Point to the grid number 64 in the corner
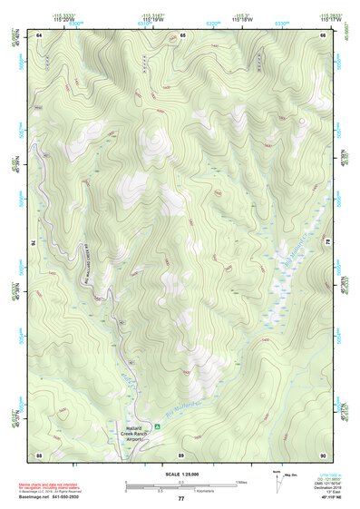pos(40,34)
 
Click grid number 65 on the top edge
pos(182,34)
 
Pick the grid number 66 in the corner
pos(324,34)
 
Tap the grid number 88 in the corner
pos(40,454)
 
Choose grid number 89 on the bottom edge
pos(181,454)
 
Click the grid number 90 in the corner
pos(324,454)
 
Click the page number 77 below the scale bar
pos(181,500)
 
